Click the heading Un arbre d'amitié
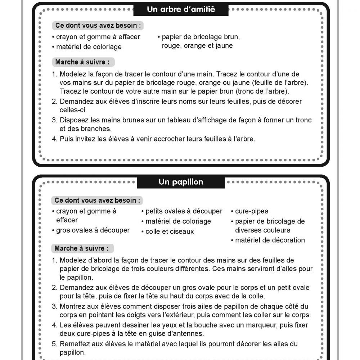[181, 9]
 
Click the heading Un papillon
[181, 182]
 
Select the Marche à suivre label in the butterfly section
[81, 248]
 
